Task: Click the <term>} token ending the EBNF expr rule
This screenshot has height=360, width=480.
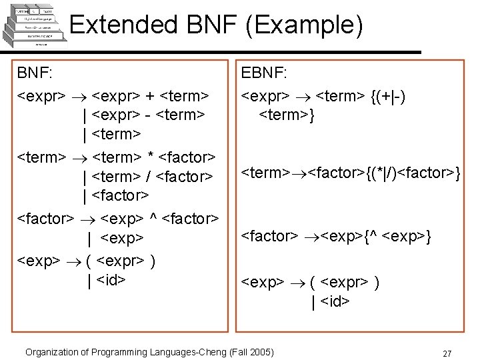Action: (x=287, y=115)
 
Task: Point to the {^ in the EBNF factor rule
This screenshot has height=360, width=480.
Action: (x=376, y=235)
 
